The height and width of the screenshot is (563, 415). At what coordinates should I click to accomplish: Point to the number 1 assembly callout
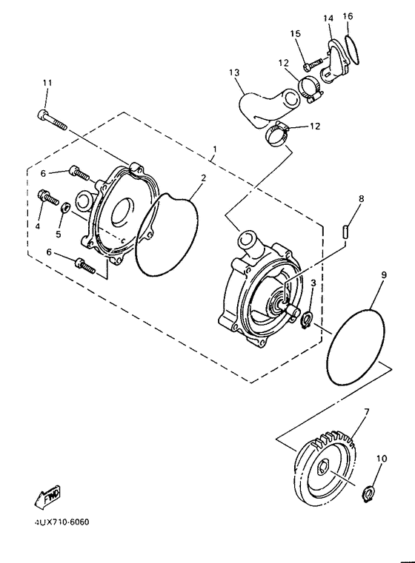point(213,149)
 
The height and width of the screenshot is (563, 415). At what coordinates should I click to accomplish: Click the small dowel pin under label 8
point(346,231)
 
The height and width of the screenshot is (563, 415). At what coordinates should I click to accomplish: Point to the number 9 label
point(384,275)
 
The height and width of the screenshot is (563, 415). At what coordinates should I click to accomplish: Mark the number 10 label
point(381,459)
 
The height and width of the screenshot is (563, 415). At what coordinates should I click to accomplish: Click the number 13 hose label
point(235,73)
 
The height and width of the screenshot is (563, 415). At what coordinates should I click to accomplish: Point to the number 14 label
point(328,16)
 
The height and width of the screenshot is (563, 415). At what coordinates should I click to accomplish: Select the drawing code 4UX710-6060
point(61,522)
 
